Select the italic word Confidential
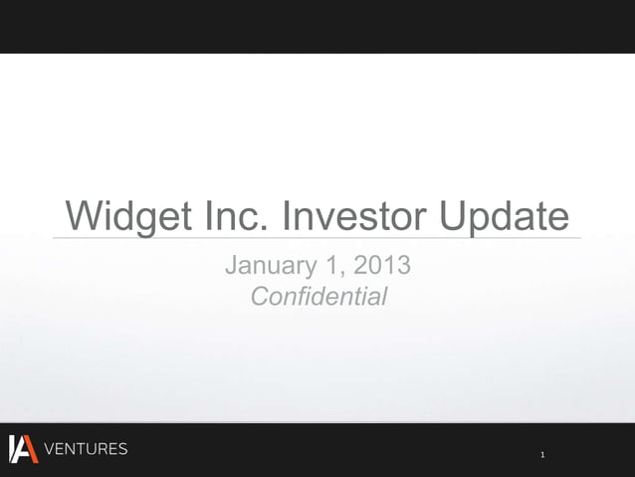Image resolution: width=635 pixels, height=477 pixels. click(317, 296)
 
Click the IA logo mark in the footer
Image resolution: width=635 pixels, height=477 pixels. click(22, 449)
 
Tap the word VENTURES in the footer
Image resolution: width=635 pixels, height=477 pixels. click(86, 449)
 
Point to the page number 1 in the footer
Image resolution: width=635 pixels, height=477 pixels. click(542, 455)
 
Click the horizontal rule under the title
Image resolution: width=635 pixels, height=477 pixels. click(317, 238)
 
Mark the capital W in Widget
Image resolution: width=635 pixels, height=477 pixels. click(83, 216)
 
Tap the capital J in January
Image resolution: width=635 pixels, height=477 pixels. click(233, 267)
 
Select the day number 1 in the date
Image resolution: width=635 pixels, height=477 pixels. click(333, 267)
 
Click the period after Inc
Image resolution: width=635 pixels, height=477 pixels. click(263, 228)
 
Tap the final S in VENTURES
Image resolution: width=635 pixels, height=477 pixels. click(122, 449)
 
